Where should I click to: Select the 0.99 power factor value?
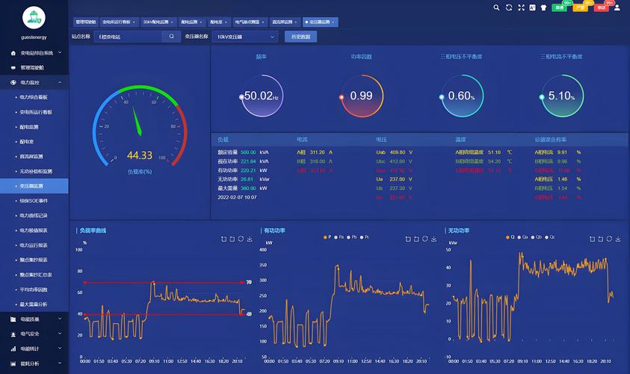361,96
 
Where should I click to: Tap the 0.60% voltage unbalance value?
460,96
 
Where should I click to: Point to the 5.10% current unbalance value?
560,96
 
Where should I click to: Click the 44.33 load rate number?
139,156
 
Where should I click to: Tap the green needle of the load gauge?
137,120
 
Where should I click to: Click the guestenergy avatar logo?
34,17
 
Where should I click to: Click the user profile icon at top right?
617,7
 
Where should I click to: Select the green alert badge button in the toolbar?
559,7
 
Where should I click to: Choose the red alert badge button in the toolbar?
601,7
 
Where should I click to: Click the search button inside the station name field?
171,36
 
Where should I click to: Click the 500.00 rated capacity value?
248,152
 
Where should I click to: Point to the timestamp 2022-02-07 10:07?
237,197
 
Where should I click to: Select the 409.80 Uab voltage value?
398,152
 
